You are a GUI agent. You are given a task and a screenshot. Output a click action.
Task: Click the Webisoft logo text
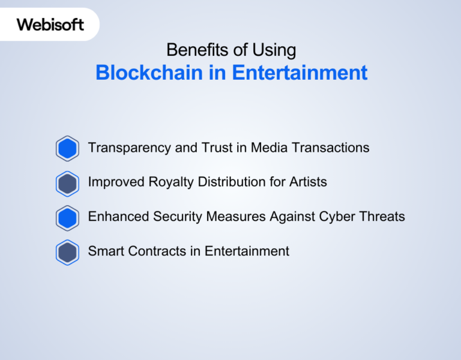[50, 25]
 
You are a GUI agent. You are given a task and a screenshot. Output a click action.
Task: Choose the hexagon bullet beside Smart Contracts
[67, 253]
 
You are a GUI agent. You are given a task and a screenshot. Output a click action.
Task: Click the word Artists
[308, 182]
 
